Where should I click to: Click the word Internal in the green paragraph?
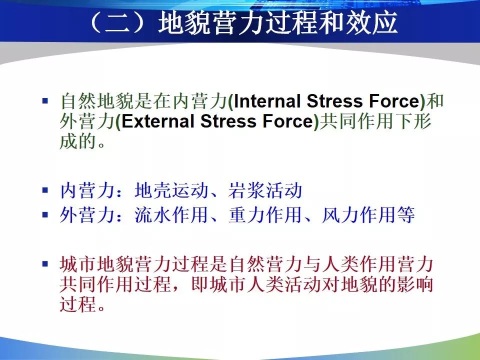point(267,101)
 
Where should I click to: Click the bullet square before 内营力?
point(45,190)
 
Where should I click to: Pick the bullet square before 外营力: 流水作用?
point(45,214)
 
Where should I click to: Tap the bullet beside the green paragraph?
point(45,100)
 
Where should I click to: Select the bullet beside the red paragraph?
point(45,263)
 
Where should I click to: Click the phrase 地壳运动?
point(171,190)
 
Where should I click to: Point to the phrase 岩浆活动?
point(265,190)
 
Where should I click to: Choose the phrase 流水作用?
point(171,214)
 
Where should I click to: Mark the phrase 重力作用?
point(265,214)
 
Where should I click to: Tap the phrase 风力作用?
point(359,214)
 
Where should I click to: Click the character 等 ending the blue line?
point(406,214)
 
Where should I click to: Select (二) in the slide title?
point(117,23)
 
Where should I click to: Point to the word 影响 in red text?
point(414,284)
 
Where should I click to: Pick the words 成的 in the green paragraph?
point(78,141)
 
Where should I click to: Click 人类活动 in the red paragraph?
point(284,284)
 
